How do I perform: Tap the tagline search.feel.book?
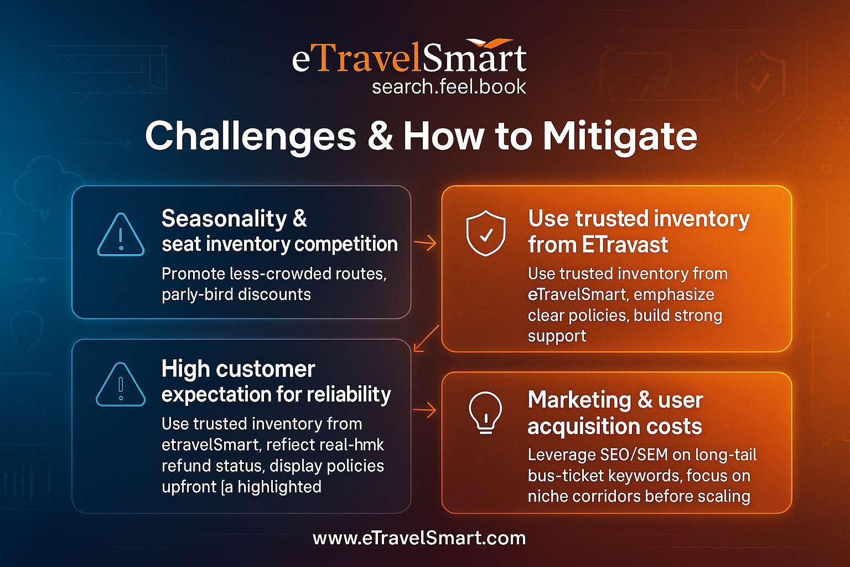[449, 86]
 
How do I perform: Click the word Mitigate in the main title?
[620, 137]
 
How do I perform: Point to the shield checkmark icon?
[486, 233]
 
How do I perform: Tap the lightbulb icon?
[486, 413]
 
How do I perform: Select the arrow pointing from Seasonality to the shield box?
[425, 243]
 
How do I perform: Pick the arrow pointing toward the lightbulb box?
[425, 410]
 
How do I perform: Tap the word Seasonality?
[225, 219]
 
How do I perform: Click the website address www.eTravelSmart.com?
[419, 538]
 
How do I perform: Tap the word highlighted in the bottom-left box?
[279, 487]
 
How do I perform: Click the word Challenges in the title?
[251, 137]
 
